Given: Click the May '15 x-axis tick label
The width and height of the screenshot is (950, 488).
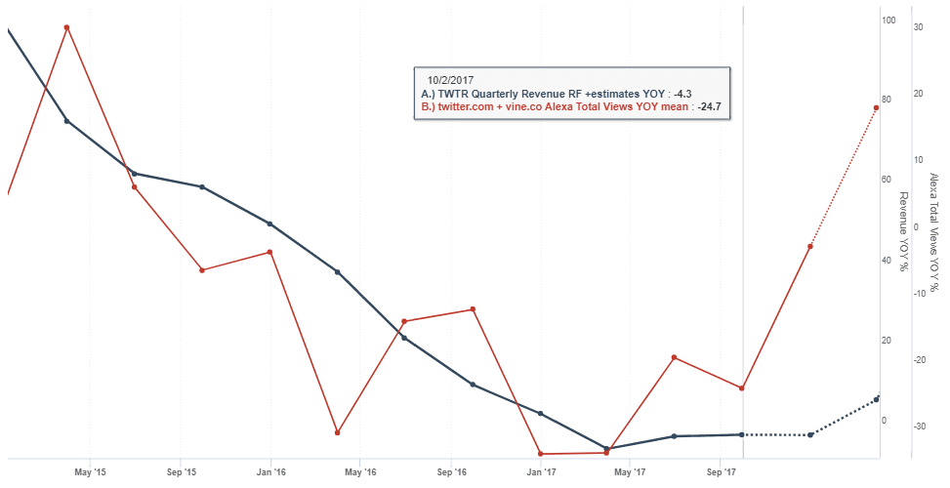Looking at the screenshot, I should tap(90, 472).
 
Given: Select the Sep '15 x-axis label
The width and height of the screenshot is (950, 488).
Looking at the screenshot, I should tap(181, 472).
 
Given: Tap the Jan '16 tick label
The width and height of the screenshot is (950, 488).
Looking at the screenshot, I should tap(270, 472).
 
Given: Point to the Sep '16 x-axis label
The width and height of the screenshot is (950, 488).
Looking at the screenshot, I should tap(450, 472).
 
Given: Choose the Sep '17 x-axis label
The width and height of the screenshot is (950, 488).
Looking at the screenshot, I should tap(721, 472).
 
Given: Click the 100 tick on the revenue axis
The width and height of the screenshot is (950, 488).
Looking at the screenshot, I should tap(888, 20).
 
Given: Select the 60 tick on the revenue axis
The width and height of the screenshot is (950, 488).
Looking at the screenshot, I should tap(888, 180).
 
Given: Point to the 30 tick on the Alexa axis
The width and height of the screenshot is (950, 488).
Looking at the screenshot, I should tap(919, 26).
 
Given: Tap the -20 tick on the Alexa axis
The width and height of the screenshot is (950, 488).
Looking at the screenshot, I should tap(918, 360).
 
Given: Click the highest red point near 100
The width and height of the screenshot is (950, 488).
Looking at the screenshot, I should tap(66, 27).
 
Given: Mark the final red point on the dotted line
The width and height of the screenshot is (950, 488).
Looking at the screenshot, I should tap(877, 107).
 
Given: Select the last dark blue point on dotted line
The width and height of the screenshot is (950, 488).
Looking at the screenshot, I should tap(877, 399).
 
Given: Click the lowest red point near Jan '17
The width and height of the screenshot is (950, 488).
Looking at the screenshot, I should tap(540, 454).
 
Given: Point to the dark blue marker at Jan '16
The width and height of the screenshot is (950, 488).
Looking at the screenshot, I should tap(269, 224).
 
